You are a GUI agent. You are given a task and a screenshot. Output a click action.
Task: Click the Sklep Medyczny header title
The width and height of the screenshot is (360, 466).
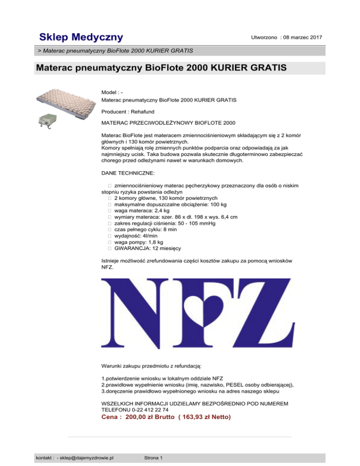81,37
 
